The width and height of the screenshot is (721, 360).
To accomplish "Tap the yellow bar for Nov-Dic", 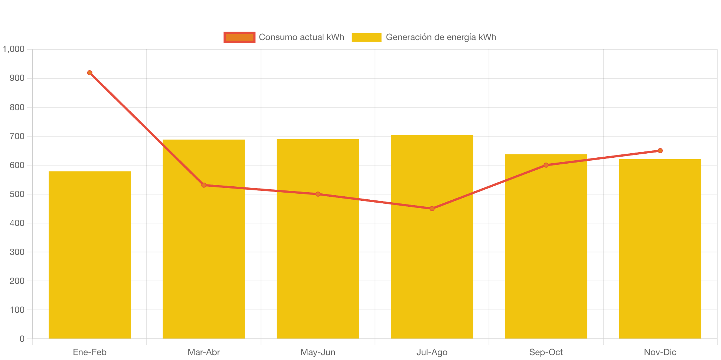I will point(660,249).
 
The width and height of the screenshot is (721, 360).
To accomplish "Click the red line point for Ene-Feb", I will point(90,73).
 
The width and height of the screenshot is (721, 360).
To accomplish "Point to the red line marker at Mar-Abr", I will point(204,185).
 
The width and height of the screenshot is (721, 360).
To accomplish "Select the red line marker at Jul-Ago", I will point(432,209).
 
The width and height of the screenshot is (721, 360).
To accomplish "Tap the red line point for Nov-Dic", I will point(660,151).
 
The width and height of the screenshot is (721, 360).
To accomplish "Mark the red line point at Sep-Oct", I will point(546,165).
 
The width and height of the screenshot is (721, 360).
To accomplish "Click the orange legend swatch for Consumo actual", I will point(239,37).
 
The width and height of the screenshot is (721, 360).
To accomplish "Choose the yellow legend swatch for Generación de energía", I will point(366,37).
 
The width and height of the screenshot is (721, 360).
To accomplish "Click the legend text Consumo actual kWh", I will point(301,37).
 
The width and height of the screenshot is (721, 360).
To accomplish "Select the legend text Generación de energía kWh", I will point(441,37).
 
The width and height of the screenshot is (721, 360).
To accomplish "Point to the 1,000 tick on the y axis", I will point(14,49).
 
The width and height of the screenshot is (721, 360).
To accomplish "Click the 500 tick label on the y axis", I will point(17,194).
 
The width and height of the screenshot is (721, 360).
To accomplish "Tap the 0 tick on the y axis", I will point(22,339).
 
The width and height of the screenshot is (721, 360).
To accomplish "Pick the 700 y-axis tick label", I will point(17,136).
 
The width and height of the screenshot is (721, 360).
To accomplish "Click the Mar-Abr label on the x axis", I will point(204,352).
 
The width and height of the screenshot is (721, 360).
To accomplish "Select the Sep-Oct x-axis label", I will point(546,352).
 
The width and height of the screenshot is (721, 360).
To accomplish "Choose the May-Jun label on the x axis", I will point(318,352).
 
